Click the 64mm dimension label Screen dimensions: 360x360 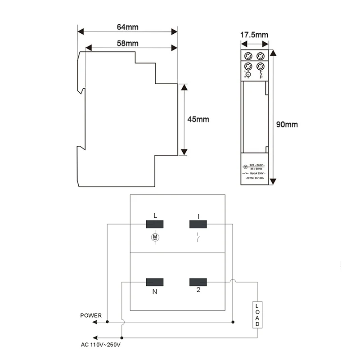[x=127, y=27]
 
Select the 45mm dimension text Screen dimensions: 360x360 [x=198, y=119]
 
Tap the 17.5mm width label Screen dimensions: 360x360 [x=254, y=35]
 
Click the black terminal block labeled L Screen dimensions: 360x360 [x=154, y=224]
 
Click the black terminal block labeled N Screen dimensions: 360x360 [x=154, y=282]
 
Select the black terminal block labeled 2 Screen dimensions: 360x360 [x=198, y=282]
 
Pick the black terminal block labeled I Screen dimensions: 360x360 [x=198, y=224]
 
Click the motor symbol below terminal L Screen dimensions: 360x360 [x=155, y=237]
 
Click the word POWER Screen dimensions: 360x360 [x=91, y=315]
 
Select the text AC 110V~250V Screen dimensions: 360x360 [x=102, y=345]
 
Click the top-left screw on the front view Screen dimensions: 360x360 [x=248, y=56]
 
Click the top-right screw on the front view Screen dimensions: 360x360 [x=260, y=56]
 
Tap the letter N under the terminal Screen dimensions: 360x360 [x=154, y=292]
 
